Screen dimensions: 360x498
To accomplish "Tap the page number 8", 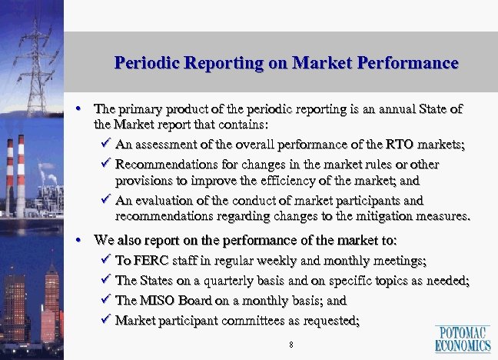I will point(291,344).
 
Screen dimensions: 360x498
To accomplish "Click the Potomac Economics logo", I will point(463,338).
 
